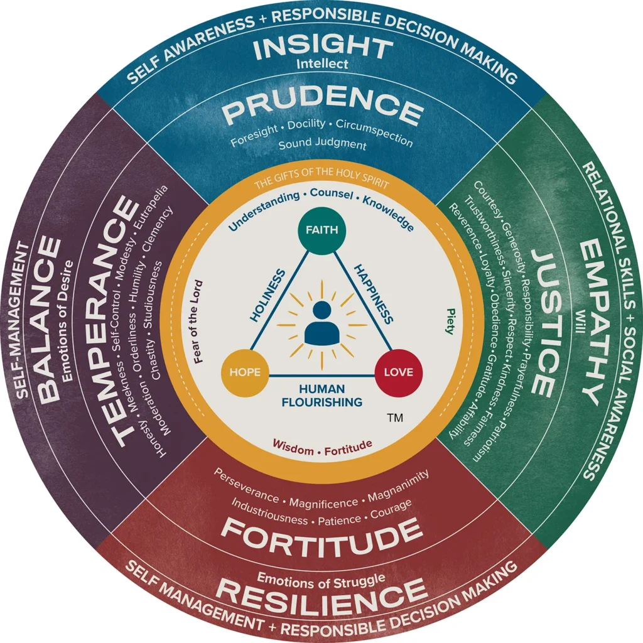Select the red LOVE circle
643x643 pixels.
[x=399, y=372]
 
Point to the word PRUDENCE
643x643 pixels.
[x=323, y=111]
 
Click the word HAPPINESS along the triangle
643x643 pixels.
[x=373, y=293]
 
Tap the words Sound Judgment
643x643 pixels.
[x=321, y=145]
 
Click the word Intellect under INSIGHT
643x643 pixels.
[x=321, y=64]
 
